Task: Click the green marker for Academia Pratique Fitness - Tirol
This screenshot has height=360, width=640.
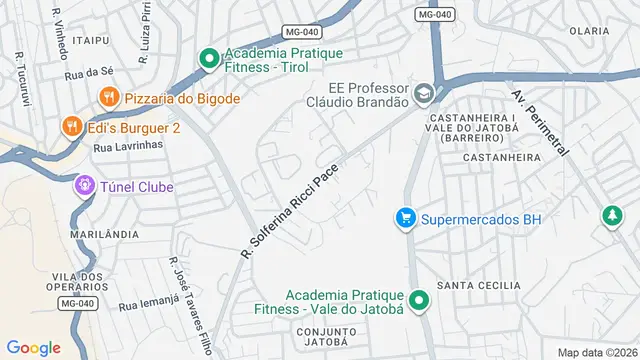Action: point(209,59)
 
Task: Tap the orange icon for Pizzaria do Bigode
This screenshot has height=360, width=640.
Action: point(108,98)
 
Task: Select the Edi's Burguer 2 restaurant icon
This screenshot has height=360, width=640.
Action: point(71,127)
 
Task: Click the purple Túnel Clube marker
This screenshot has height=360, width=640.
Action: point(85,186)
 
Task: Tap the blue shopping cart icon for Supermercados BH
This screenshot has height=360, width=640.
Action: point(405,218)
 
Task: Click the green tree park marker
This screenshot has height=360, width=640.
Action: point(610,215)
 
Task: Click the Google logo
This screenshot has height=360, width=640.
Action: point(33,347)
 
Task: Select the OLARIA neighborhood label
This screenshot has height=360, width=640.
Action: point(588,31)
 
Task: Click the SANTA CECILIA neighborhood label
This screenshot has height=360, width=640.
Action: point(485,285)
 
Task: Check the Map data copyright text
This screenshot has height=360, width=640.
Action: point(596,352)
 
